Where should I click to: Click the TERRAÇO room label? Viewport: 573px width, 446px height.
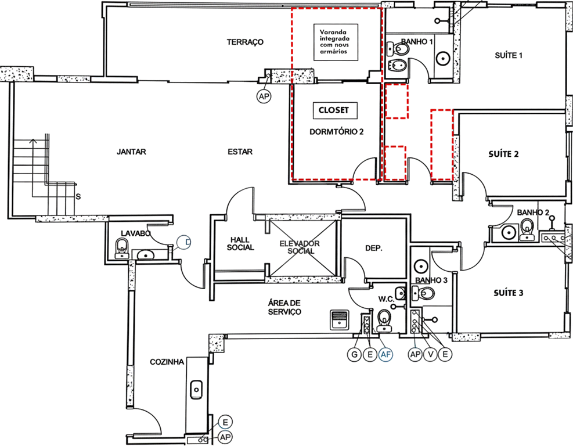click(x=245, y=42)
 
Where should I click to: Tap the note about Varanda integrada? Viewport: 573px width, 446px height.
click(x=336, y=42)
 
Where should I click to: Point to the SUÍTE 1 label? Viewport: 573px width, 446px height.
click(x=509, y=56)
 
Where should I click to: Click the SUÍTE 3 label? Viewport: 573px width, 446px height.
click(x=509, y=293)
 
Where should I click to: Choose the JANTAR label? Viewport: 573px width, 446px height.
click(x=131, y=152)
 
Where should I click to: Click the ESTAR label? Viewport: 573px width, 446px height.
click(x=240, y=152)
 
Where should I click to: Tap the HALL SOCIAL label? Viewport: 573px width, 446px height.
click(x=240, y=244)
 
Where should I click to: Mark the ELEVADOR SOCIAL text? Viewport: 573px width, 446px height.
click(x=300, y=247)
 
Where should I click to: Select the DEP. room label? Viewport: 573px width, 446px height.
click(x=373, y=248)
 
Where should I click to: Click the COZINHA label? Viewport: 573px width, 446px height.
click(x=167, y=362)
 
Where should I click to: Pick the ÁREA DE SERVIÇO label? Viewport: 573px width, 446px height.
click(x=284, y=307)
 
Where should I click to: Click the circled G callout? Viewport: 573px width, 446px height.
click(x=354, y=354)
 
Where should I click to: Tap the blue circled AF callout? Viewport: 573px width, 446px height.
click(x=385, y=354)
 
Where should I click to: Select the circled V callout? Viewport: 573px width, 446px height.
click(x=430, y=354)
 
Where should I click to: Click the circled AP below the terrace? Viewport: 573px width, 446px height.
click(x=264, y=96)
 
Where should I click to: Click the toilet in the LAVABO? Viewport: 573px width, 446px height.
click(x=121, y=247)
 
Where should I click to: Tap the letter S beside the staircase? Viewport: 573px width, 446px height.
click(x=78, y=197)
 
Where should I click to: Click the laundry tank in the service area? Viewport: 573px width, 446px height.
click(x=340, y=319)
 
